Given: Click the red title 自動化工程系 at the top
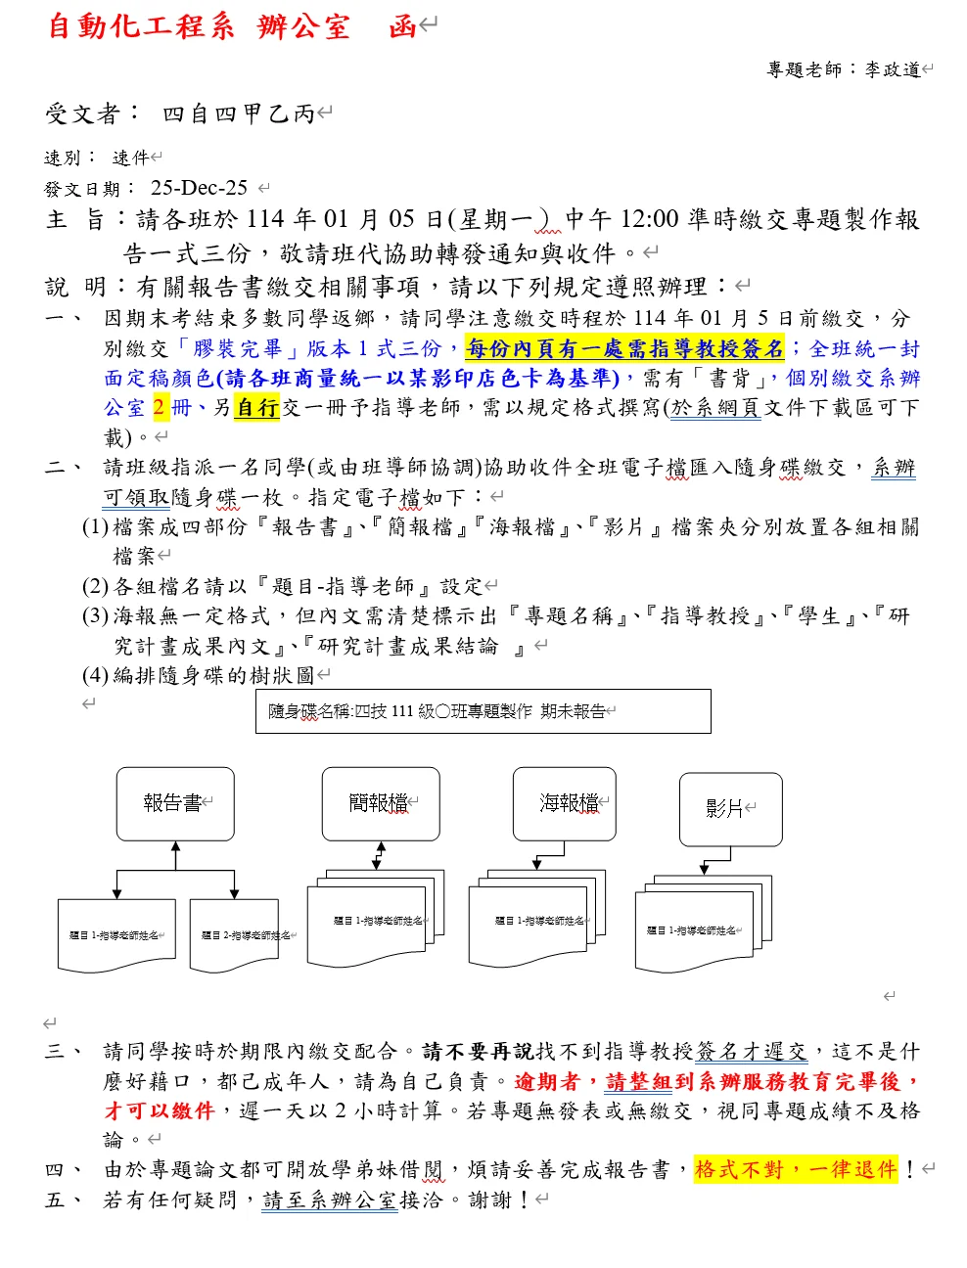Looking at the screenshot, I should pyautogui.click(x=141, y=26).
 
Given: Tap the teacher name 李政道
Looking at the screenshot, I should pyautogui.click(x=892, y=69).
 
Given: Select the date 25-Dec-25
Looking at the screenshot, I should pyautogui.click(x=199, y=188).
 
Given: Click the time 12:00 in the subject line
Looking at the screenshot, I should pyautogui.click(x=649, y=219).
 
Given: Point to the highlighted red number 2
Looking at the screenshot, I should pyautogui.click(x=160, y=407).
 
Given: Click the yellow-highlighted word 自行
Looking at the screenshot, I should pyautogui.click(x=257, y=407).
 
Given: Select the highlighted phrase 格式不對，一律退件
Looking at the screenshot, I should pyautogui.click(x=795, y=1169).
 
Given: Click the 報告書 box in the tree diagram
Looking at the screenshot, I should pyautogui.click(x=175, y=803).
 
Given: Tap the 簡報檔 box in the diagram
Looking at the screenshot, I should pyautogui.click(x=380, y=803).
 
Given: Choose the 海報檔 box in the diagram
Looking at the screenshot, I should pyautogui.click(x=565, y=803).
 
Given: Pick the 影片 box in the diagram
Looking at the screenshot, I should pyautogui.click(x=730, y=809).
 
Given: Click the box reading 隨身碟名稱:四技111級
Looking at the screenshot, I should pyautogui.click(x=483, y=711).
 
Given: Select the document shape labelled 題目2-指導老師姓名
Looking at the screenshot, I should pyautogui.click(x=235, y=936).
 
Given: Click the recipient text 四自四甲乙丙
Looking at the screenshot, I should pyautogui.click(x=238, y=114).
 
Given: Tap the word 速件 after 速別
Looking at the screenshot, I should pyautogui.click(x=130, y=158).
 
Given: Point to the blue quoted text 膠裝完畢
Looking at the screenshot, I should pyautogui.click(x=238, y=348).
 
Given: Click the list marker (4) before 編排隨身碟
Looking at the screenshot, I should pyautogui.click(x=95, y=675).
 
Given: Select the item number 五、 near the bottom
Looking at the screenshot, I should pyautogui.click(x=62, y=1200).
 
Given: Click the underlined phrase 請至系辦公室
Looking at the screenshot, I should pyautogui.click(x=330, y=1200).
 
